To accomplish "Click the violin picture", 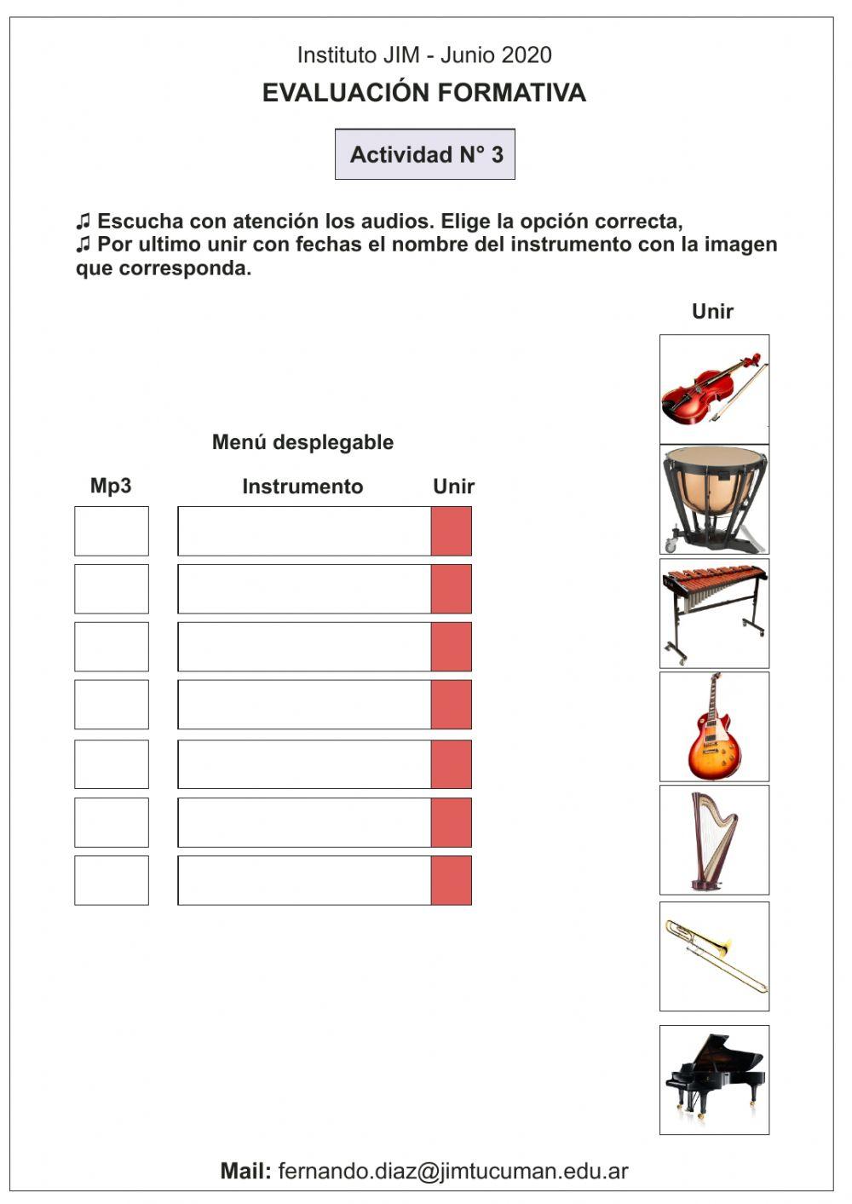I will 714,389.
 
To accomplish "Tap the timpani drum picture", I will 714,500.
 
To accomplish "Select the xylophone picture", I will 714,613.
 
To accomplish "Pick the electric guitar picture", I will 714,726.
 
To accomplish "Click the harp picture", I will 714,839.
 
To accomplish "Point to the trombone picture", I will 714,956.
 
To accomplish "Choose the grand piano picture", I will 714,1079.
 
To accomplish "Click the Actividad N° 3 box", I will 425,154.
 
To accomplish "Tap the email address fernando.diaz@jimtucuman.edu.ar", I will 452,1171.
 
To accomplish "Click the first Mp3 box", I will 112,531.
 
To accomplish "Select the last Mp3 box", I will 112,880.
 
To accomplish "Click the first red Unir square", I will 451,531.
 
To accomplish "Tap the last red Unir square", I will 451,880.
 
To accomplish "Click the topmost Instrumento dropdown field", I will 304,531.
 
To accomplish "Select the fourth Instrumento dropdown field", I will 304,705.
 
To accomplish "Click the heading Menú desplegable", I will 302,442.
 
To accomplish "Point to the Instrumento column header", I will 302,487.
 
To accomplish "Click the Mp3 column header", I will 111,486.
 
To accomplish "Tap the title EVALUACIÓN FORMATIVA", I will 423,93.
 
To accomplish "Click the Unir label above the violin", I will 712,311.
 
